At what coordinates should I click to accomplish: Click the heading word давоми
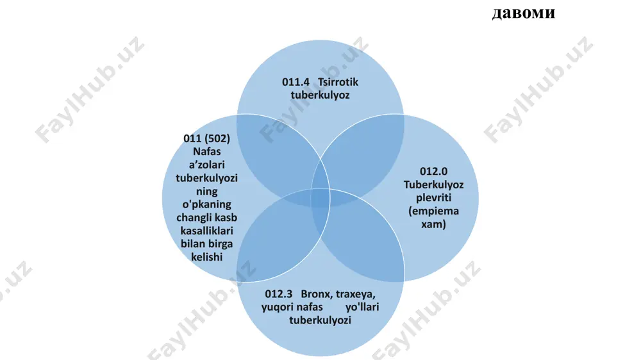(x=524, y=13)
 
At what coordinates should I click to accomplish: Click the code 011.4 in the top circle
(x=296, y=82)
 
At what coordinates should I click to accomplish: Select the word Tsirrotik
(x=338, y=82)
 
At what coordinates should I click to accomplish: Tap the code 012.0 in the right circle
(x=433, y=171)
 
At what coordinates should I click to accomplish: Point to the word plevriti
(x=434, y=198)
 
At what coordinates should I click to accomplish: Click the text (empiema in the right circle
(x=434, y=211)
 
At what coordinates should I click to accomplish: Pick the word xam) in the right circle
(x=433, y=224)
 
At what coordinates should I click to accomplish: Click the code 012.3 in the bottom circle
(x=278, y=294)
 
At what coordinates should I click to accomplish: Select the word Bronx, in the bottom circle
(x=317, y=294)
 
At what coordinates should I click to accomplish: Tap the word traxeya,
(x=356, y=294)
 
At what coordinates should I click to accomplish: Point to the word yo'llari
(x=362, y=307)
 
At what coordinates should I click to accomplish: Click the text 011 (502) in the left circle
(x=207, y=138)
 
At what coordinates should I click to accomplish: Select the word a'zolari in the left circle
(x=207, y=165)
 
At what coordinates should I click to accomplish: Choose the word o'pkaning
(x=207, y=204)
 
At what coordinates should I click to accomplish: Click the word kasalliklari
(x=207, y=231)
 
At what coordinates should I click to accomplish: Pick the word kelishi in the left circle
(x=207, y=257)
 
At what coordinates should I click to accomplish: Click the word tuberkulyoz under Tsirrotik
(x=320, y=95)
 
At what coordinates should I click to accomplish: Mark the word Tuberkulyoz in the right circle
(x=434, y=184)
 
